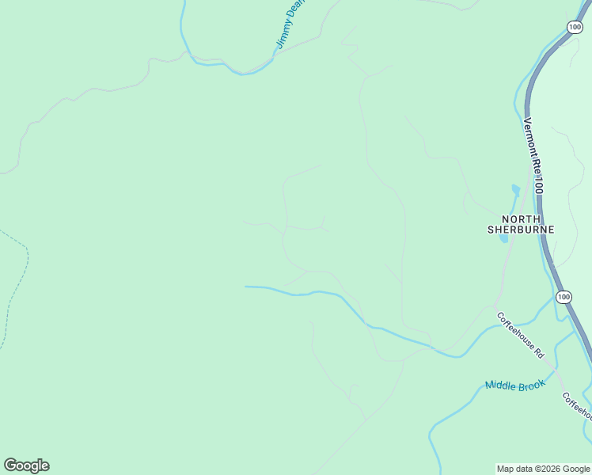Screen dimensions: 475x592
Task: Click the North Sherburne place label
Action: (520, 224)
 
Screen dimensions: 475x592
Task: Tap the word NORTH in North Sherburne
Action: (520, 218)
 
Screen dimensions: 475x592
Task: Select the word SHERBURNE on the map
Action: (520, 230)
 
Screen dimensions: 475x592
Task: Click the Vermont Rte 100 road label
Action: (533, 156)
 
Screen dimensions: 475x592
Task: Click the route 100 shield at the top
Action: (575, 27)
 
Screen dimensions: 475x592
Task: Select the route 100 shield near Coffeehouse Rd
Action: (563, 297)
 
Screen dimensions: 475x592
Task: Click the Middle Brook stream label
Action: (515, 386)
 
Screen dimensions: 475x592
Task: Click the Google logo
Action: (26, 465)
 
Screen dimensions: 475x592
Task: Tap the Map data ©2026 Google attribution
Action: (543, 469)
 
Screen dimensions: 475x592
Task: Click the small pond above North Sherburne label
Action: (516, 191)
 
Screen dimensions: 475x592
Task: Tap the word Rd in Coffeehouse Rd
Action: (539, 351)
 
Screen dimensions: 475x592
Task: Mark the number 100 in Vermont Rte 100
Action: (537, 185)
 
